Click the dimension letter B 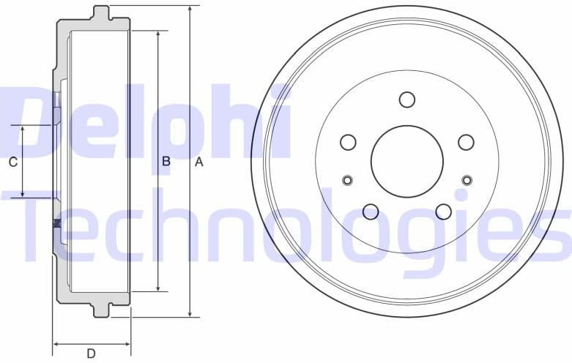point(166,161)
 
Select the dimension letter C point(12,162)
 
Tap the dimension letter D point(92,353)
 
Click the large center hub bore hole point(407,161)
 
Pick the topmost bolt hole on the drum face point(407,100)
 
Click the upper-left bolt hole point(349,142)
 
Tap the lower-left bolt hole point(371,212)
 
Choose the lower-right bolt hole point(443,212)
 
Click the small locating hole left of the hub point(348,180)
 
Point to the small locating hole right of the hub point(467,180)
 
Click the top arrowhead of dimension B point(158,35)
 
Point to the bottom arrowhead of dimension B point(158,288)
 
